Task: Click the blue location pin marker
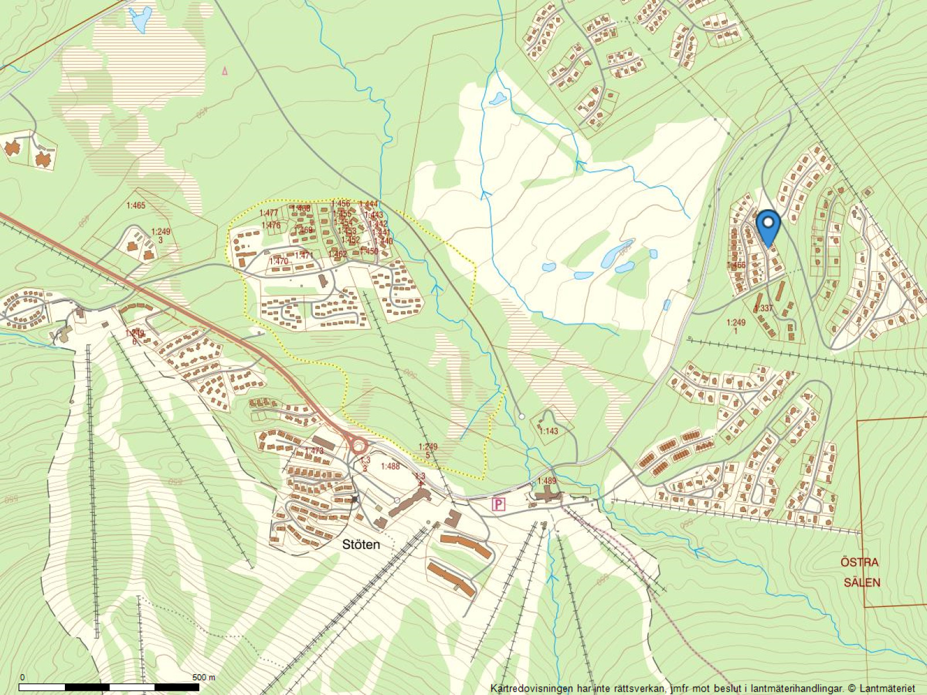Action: (x=768, y=226)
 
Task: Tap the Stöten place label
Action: (x=361, y=544)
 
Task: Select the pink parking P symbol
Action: (x=498, y=504)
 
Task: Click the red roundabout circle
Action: (x=358, y=446)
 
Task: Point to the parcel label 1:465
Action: (x=136, y=206)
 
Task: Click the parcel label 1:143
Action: (x=548, y=431)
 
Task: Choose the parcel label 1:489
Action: (x=546, y=481)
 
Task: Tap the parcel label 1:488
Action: (x=390, y=466)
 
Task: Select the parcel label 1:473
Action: (x=313, y=451)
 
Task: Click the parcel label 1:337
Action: (x=764, y=308)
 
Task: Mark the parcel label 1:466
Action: (x=736, y=265)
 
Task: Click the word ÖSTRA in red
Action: (x=859, y=562)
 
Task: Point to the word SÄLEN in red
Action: (x=862, y=583)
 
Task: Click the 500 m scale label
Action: (x=203, y=677)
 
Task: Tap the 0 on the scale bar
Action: (x=22, y=677)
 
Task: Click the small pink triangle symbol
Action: (x=225, y=71)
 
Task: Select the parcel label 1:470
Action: (x=279, y=261)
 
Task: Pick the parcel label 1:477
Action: (x=268, y=213)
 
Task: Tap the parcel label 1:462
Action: (x=337, y=254)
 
